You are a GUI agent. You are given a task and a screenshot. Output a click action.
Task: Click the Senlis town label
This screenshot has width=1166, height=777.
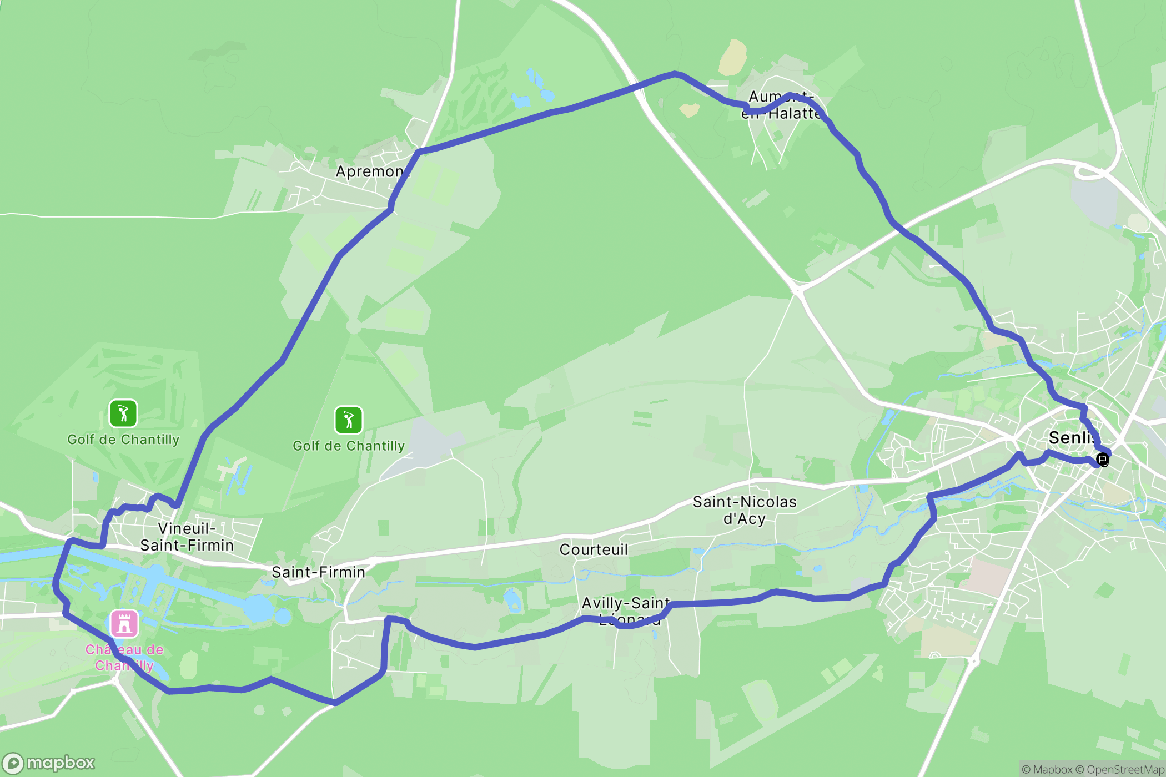[1070, 437]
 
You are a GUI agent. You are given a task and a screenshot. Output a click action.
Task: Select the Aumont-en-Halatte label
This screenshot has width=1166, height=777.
[781, 105]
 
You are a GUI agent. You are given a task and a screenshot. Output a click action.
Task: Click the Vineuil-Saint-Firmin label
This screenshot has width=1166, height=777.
[187, 537]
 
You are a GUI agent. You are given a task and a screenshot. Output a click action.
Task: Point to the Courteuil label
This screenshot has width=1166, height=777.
[594, 549]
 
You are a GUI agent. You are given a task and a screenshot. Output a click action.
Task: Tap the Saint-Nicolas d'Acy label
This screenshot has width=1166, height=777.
[745, 510]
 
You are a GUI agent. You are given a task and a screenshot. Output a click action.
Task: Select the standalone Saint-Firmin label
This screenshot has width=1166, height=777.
[318, 572]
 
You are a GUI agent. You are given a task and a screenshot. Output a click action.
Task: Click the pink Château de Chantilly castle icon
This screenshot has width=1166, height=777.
[124, 623]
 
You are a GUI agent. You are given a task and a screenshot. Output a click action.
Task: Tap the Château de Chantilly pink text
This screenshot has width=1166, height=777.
[124, 657]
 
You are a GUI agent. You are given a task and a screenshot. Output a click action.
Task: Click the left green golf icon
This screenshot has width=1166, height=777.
[123, 413]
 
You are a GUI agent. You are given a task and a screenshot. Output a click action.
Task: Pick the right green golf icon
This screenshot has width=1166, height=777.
[348, 420]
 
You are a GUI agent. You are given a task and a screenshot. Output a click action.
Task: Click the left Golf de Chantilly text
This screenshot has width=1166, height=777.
[123, 440]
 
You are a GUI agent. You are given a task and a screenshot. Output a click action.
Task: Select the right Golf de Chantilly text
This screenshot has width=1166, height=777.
[348, 446]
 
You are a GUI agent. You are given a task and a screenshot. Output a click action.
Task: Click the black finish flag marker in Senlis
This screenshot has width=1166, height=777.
[1102, 459]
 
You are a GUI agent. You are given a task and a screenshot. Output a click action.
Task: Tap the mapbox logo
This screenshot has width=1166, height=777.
[48, 763]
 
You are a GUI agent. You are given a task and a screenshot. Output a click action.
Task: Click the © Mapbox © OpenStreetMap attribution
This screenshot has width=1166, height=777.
[1093, 769]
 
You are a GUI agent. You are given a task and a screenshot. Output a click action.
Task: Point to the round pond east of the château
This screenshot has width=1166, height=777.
[283, 616]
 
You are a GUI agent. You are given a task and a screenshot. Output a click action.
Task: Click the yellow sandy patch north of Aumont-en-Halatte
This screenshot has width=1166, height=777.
[733, 57]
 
